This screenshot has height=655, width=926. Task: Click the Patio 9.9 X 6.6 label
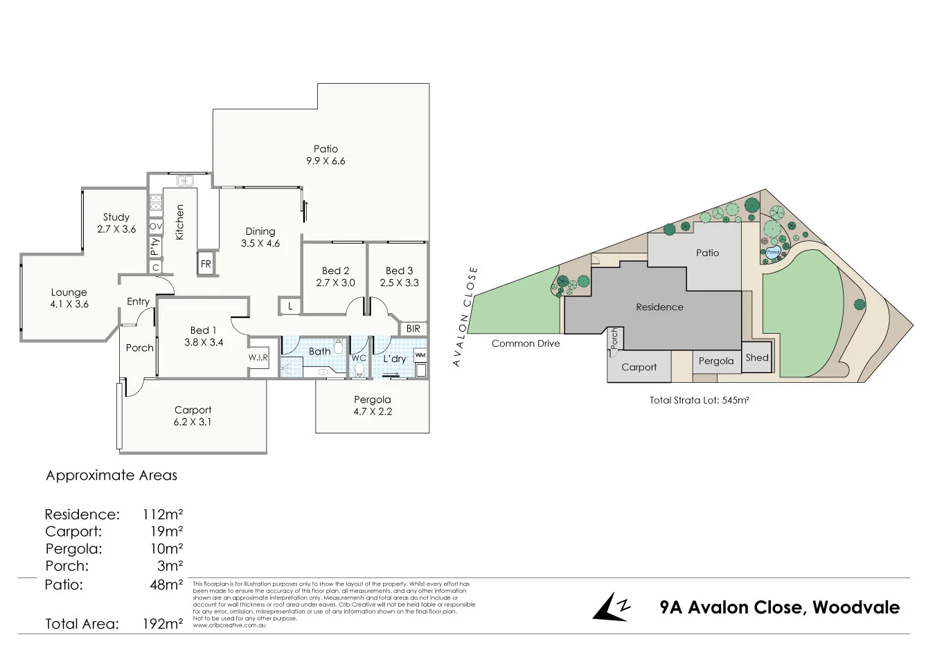point(326,155)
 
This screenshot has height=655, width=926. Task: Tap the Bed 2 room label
point(335,276)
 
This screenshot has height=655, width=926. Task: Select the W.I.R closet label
point(258,357)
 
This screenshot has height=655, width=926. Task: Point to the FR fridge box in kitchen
point(206,264)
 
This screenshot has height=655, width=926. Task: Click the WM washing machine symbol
point(420,356)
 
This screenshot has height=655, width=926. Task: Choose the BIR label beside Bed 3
point(413,328)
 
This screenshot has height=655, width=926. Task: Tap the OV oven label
point(156,226)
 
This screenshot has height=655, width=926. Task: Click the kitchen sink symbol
point(185,181)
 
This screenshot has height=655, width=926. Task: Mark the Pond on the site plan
point(773,252)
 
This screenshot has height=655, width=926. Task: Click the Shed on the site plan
point(756,358)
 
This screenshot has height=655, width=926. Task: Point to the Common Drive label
point(526,343)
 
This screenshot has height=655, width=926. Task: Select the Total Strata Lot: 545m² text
point(699,400)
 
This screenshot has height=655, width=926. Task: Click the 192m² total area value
point(161,624)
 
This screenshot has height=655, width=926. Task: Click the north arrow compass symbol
point(611,607)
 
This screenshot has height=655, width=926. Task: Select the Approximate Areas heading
point(112,476)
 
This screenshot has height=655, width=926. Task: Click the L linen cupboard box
point(290,306)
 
